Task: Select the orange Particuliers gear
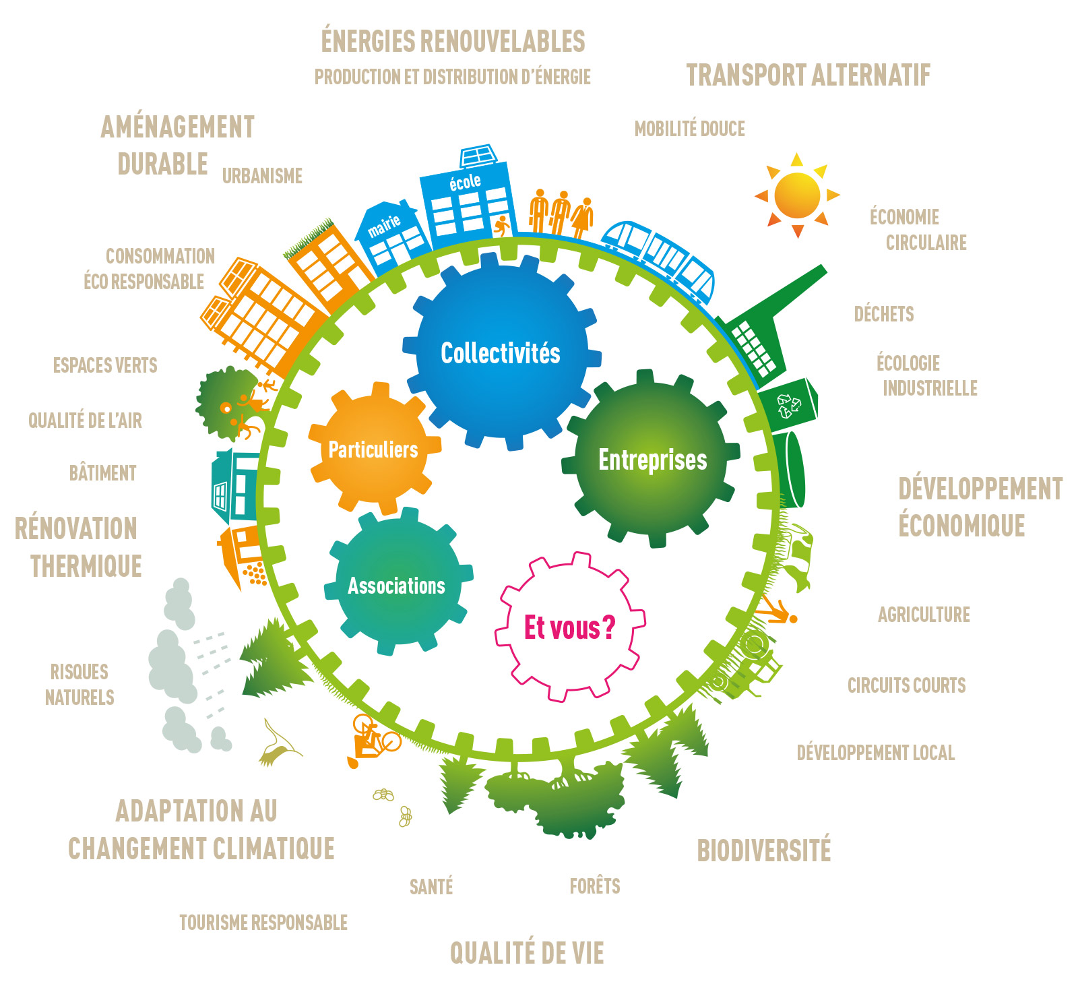point(374,448)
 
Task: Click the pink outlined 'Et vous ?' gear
point(570,627)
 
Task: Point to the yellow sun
point(797,195)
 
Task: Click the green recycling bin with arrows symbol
point(789,404)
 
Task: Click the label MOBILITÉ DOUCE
point(690,129)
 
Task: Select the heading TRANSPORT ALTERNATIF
point(808,75)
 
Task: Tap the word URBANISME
point(262,176)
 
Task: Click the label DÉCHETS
point(884,314)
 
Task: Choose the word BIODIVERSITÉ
point(764,850)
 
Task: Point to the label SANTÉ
point(431,886)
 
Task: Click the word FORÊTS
point(595,886)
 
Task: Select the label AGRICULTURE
point(924,615)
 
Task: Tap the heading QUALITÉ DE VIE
point(527,953)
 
